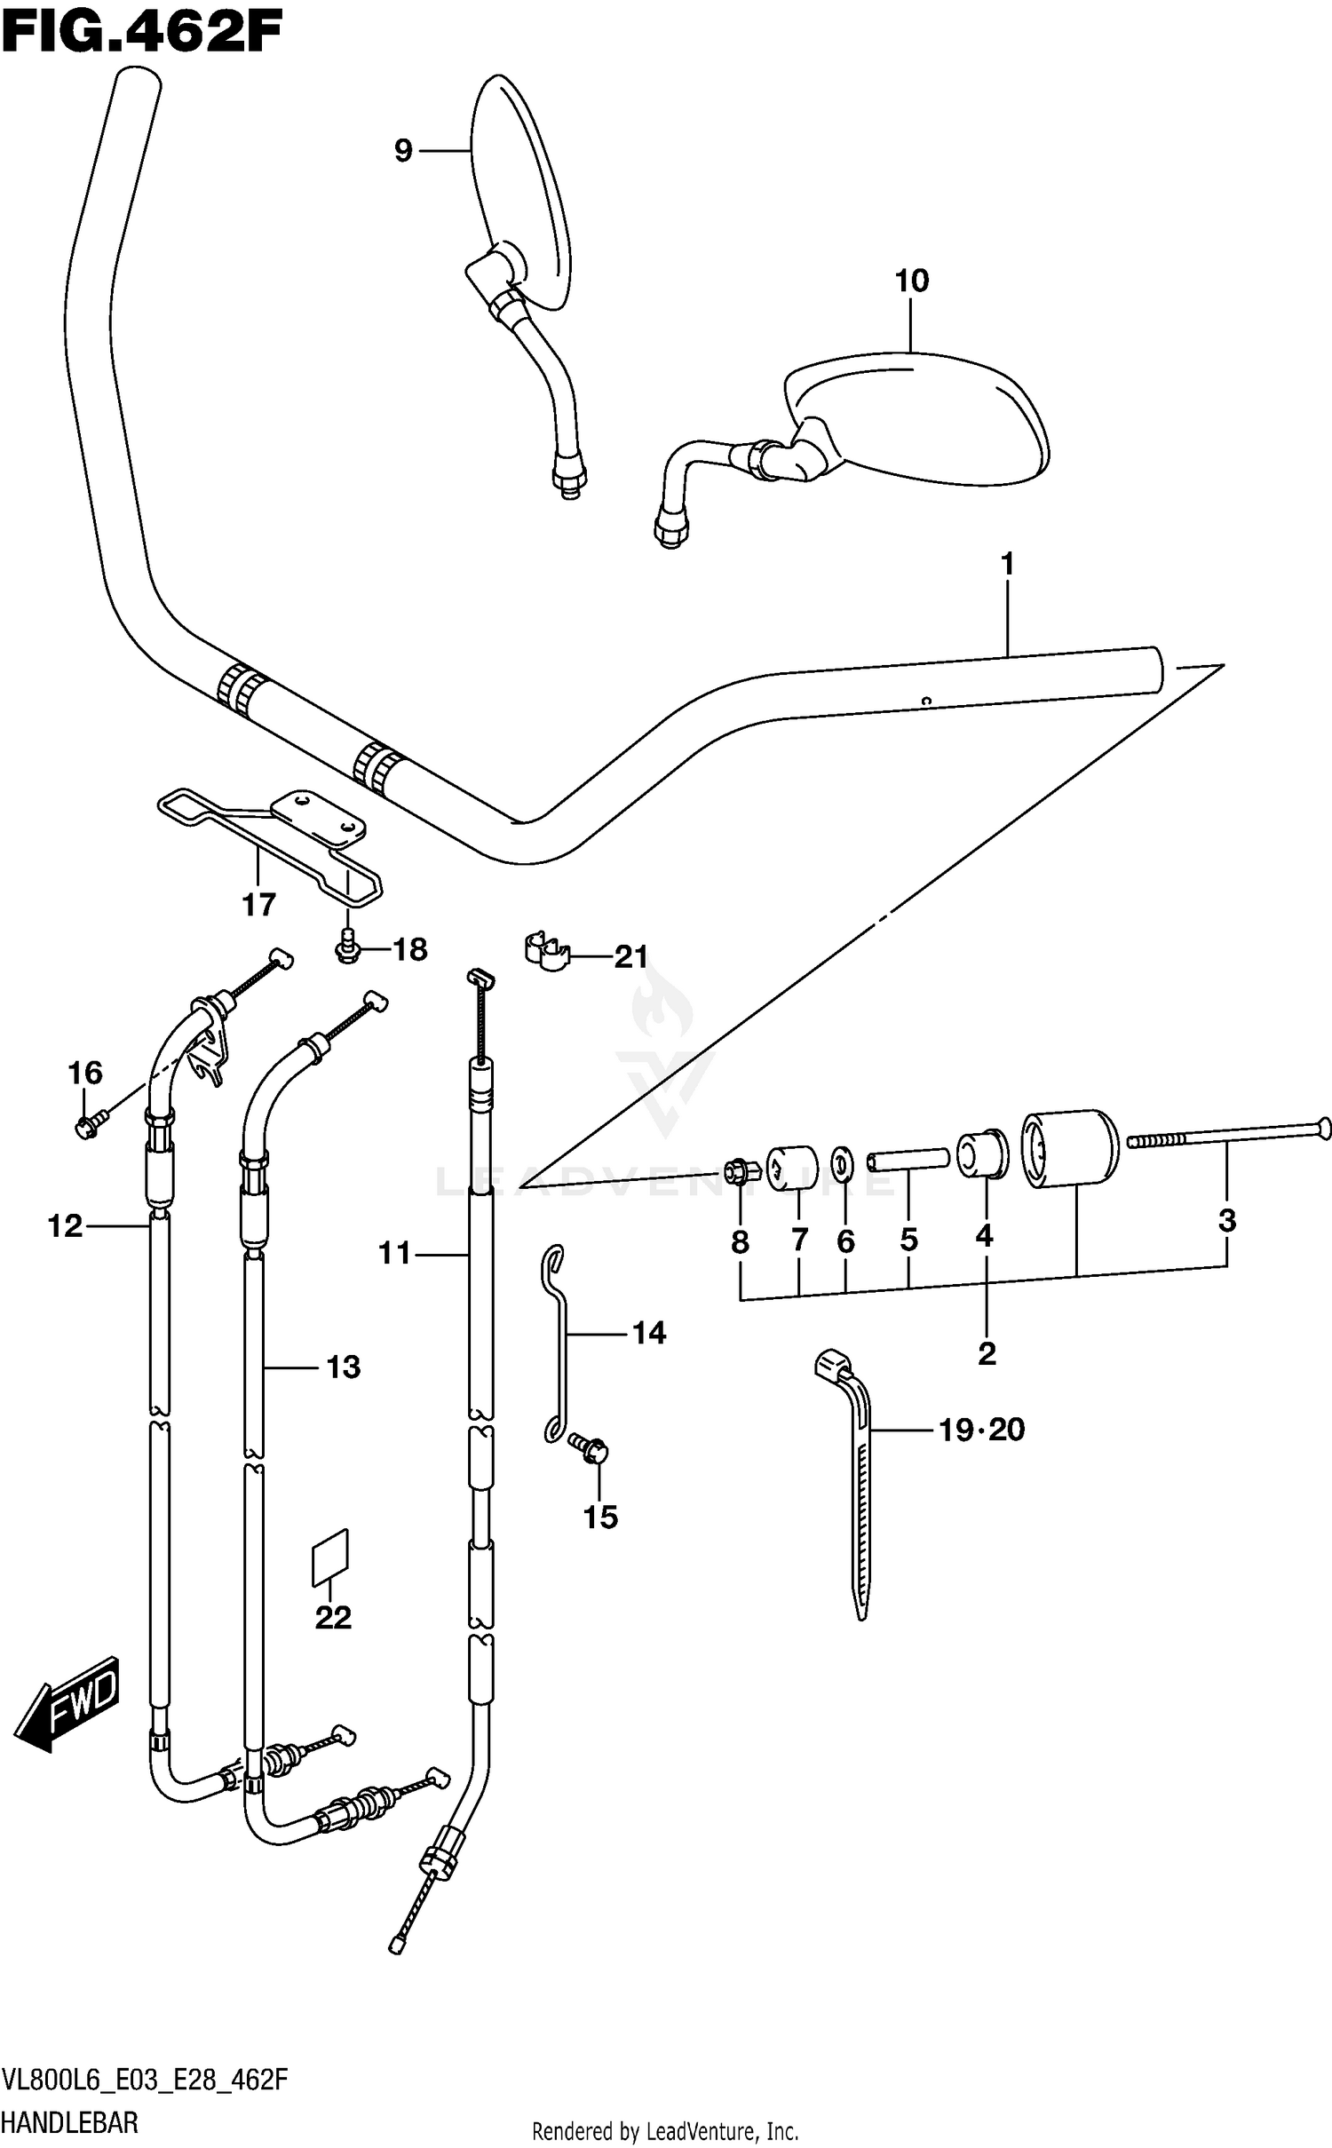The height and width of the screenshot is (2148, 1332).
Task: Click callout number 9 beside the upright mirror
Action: pos(403,151)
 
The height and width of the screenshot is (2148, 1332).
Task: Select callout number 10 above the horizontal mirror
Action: pos(911,281)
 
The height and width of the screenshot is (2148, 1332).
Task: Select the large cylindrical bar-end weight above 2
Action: pos(1068,1148)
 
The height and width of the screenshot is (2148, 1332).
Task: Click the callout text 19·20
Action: pos(982,1430)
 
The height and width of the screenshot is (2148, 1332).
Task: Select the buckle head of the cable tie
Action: pos(832,1364)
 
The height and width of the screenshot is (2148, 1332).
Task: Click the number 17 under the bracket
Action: pos(259,905)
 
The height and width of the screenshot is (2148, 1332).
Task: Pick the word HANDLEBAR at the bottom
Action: pos(70,2123)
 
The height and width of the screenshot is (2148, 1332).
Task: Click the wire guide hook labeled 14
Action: pos(558,1341)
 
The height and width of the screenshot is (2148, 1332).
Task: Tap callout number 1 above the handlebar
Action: pos(1007,563)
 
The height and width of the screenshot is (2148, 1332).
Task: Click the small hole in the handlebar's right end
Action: pos(925,700)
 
